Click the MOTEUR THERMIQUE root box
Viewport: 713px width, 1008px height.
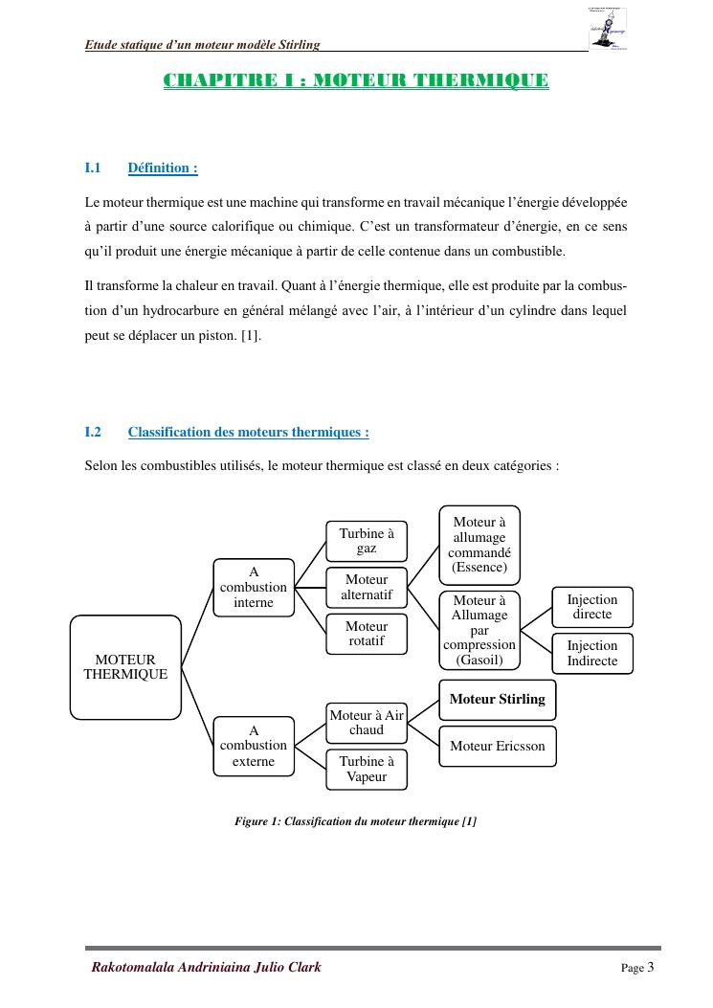point(125,667)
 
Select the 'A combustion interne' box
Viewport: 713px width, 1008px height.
point(254,588)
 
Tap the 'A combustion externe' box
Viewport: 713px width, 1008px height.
point(254,746)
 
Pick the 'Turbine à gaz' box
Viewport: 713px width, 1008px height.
point(367,541)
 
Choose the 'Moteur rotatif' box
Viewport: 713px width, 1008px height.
point(367,634)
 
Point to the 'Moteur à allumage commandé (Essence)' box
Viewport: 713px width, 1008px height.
point(479,545)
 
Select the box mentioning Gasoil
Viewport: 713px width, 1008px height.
point(479,630)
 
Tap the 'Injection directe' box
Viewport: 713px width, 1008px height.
point(592,607)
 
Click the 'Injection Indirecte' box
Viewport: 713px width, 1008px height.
point(592,654)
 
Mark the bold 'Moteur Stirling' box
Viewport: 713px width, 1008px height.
point(497,700)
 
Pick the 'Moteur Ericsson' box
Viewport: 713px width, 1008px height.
point(497,747)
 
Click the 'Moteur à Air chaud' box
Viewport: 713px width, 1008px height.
point(367,723)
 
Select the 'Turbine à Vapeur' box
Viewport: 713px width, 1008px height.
point(367,770)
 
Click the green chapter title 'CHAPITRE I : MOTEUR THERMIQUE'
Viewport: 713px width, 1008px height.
point(356,80)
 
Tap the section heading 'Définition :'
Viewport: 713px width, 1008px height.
point(163,168)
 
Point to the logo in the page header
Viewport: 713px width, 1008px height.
point(608,29)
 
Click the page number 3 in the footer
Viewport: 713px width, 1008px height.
point(650,968)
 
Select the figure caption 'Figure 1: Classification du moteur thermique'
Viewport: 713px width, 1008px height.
point(355,821)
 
